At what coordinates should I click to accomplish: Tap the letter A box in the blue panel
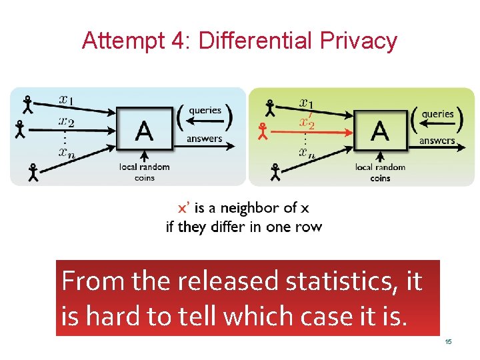pos(144,129)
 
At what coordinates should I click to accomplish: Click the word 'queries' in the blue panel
pos(205,111)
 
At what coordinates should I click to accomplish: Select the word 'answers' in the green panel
pos(437,141)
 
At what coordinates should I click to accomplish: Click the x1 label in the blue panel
pos(67,100)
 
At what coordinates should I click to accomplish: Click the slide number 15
pos(449,342)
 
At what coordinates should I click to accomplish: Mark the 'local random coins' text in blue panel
pos(145,172)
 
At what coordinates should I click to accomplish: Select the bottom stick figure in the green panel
pos(275,173)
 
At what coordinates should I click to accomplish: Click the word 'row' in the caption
pos(308,227)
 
